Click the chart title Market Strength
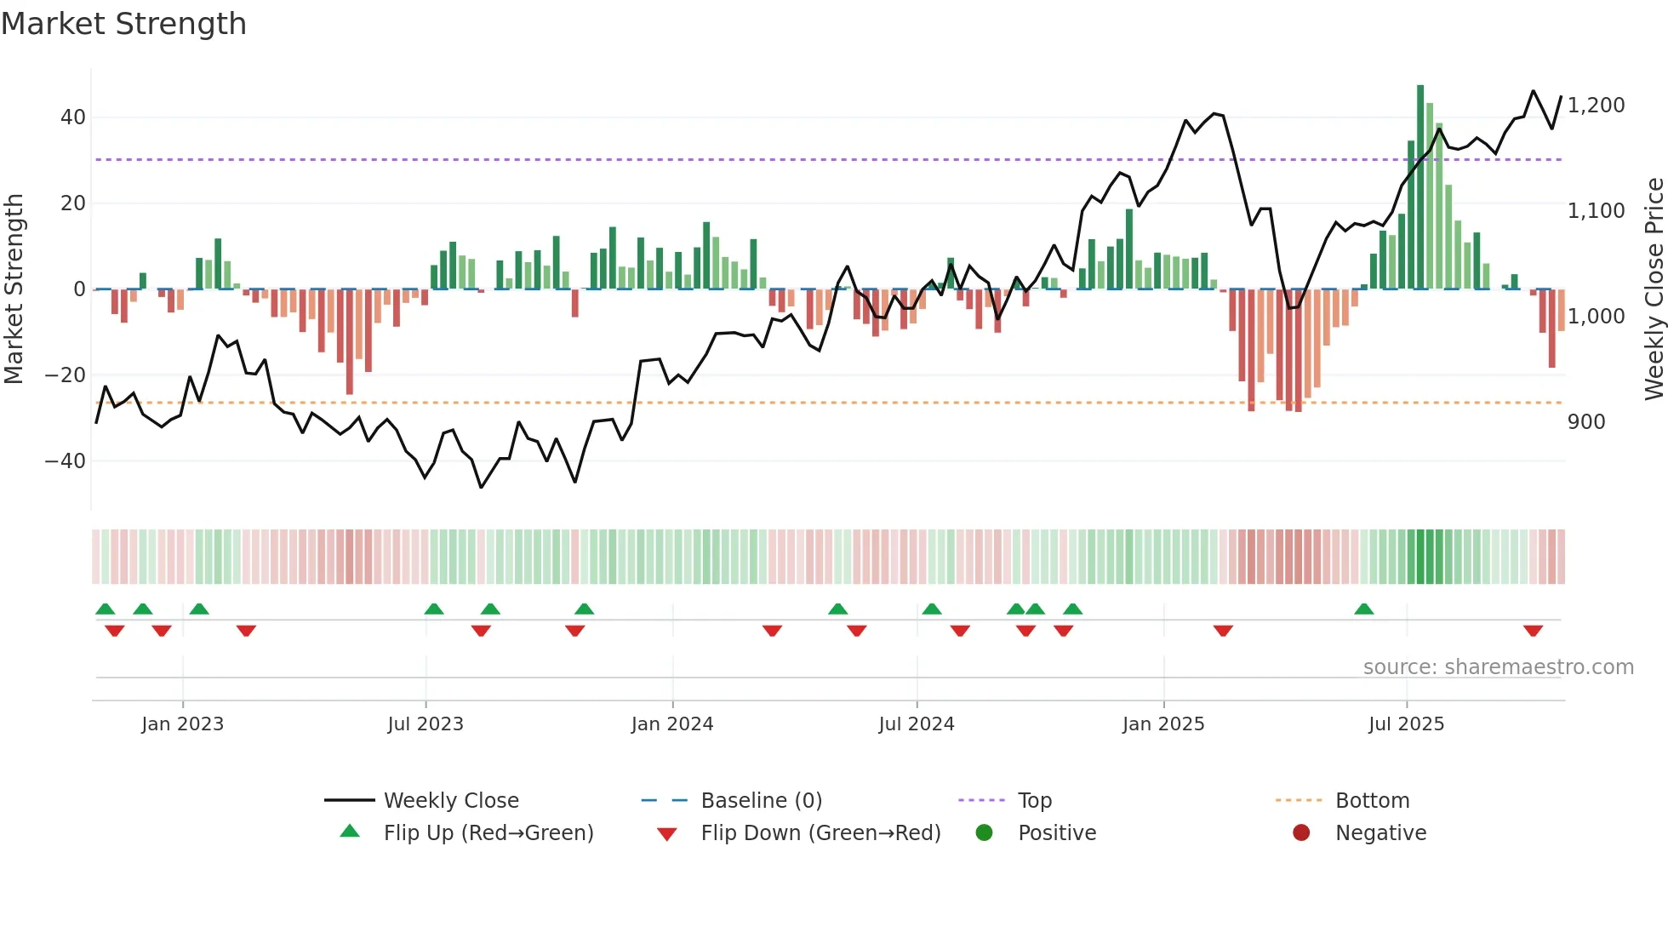coord(123,24)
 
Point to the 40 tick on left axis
coord(73,117)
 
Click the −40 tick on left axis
coord(66,461)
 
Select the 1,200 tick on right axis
coord(1596,106)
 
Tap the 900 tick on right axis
coord(1586,422)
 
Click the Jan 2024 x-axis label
coord(672,724)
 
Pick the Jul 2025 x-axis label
coord(1406,724)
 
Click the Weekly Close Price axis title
coord(1654,289)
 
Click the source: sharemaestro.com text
coord(1498,667)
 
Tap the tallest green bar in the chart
coord(1420,187)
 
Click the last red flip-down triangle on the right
coord(1534,631)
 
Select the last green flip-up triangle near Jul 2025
coord(1364,609)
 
